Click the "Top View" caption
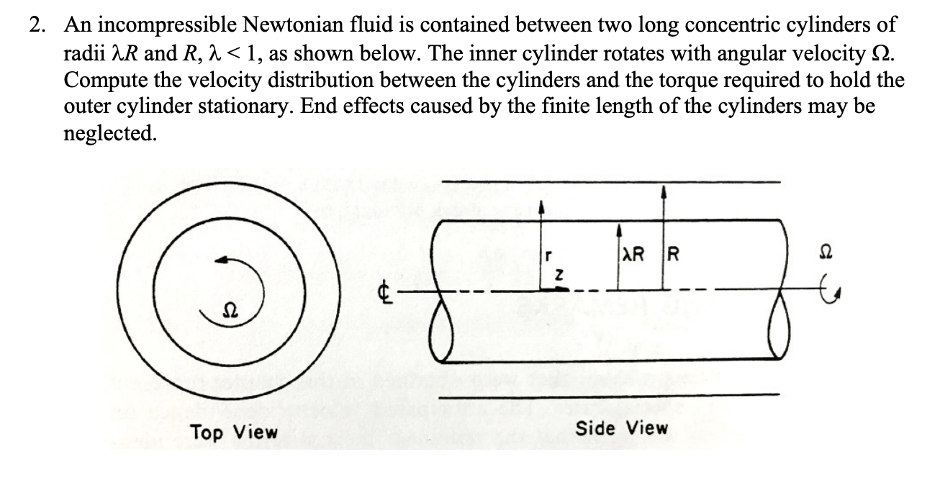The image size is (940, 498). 233,432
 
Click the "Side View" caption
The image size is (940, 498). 622,428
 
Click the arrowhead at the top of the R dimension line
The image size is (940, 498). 663,190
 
